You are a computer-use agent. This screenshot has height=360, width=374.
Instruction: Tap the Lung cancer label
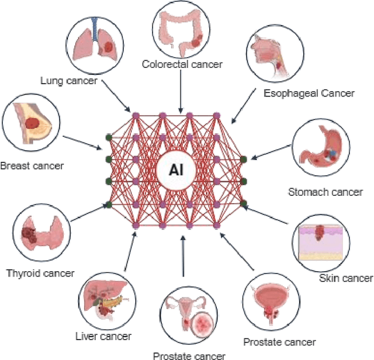pos(68,80)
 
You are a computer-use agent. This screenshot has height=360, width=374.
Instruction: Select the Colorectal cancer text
pos(182,64)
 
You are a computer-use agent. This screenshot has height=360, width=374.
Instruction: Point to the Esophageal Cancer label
pos(309,93)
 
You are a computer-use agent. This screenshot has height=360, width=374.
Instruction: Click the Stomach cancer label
pos(325,192)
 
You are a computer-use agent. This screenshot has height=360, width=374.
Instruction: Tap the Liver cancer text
pos(103,336)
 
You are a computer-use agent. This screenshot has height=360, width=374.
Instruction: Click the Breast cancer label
pos(32,165)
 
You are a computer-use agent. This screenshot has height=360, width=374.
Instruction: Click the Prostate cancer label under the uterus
pos(189,355)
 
